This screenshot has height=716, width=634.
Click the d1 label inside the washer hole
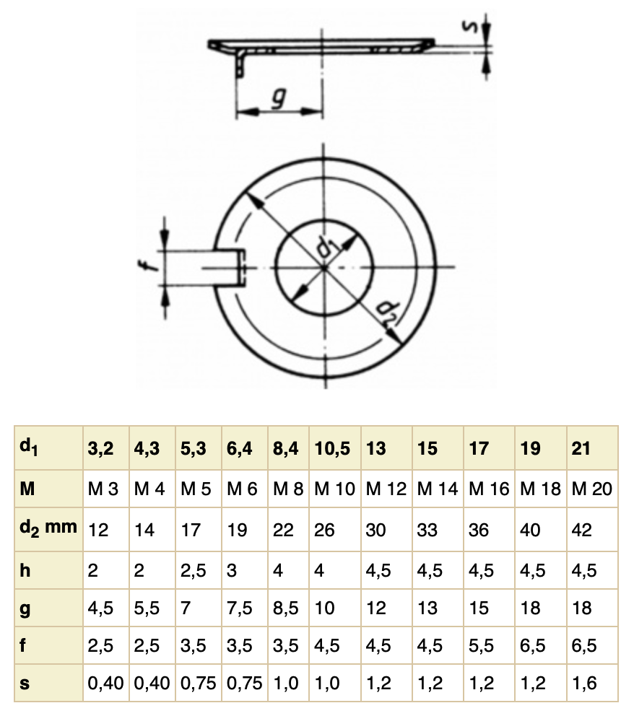click(x=329, y=246)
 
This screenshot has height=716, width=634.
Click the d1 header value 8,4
click(x=285, y=448)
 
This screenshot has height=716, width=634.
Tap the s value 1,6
click(x=583, y=683)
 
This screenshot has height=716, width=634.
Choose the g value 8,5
click(x=285, y=608)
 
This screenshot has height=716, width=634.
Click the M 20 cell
click(x=591, y=489)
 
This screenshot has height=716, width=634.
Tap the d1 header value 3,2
click(x=100, y=448)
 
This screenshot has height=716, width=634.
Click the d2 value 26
click(x=325, y=530)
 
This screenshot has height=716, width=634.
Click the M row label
click(x=25, y=489)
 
